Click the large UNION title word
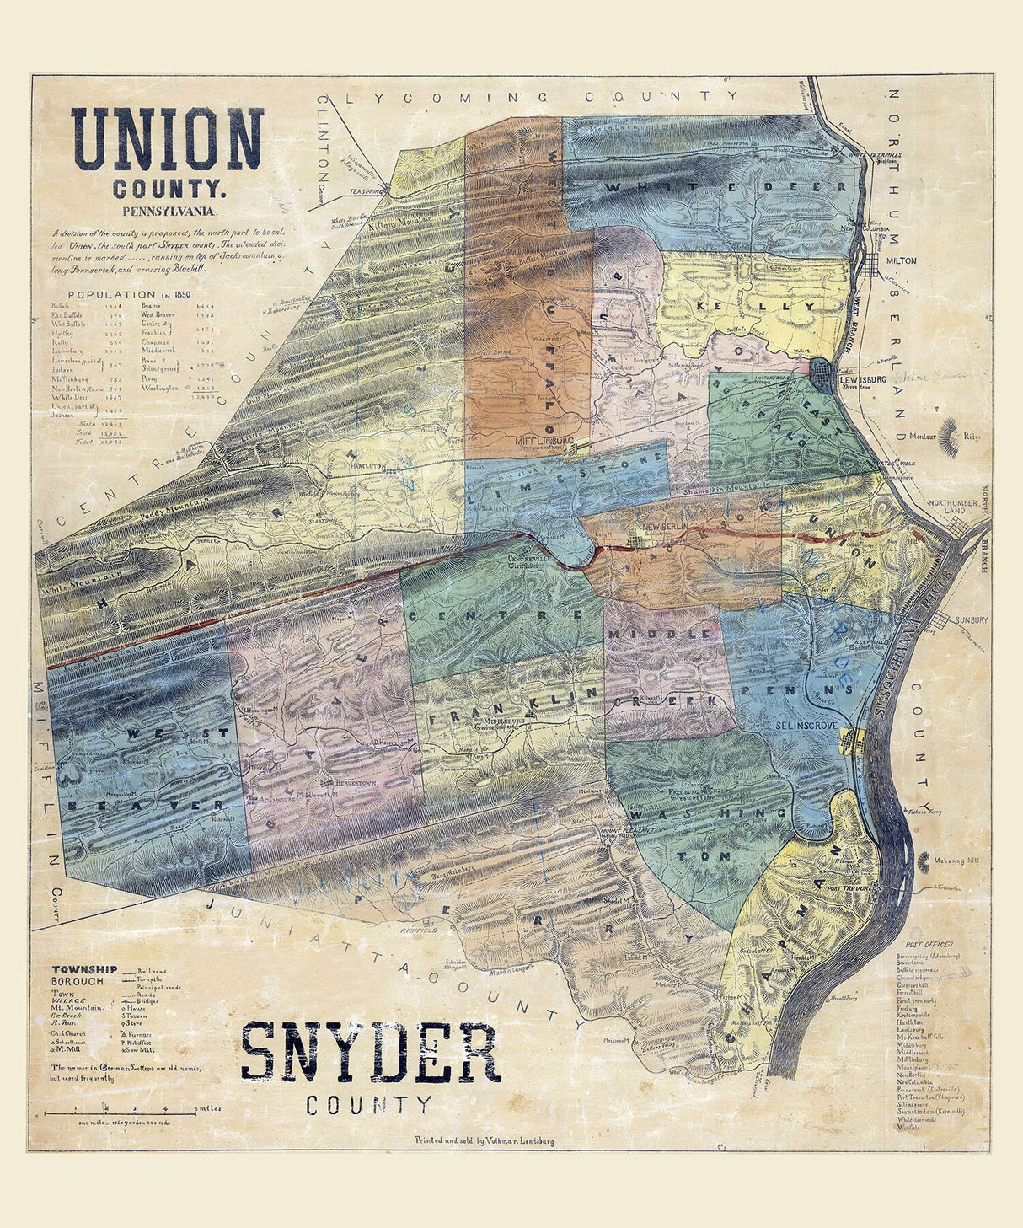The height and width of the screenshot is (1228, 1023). coord(167,140)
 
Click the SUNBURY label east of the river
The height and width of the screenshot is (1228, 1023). coord(971,619)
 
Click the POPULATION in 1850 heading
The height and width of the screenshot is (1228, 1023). coord(123,294)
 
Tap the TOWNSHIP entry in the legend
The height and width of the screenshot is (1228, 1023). coord(84,969)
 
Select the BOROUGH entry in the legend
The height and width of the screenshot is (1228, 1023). coord(78,981)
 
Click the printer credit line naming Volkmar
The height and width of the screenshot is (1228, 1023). coord(484,1140)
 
